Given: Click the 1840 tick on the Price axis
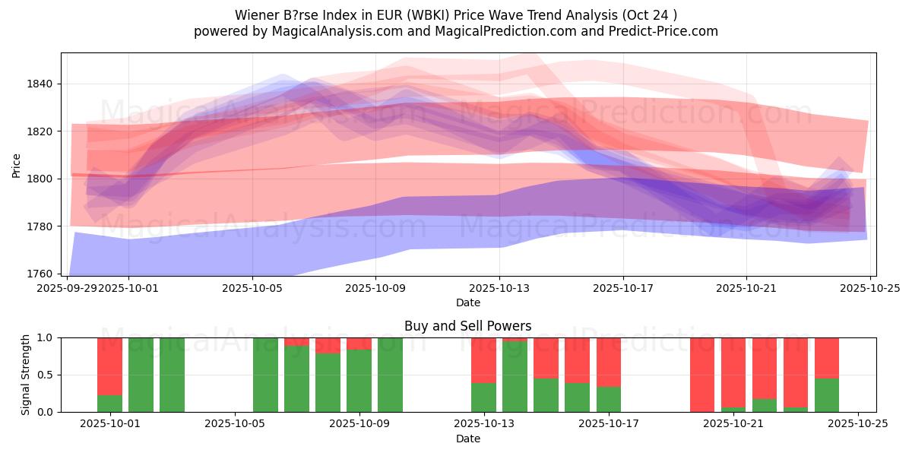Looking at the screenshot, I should coord(43,84).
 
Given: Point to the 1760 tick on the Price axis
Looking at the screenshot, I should coord(43,274).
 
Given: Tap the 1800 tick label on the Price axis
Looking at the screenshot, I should coord(43,179).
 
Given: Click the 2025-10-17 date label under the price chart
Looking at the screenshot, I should coord(622,288).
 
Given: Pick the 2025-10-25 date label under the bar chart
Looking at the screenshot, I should coord(858,424).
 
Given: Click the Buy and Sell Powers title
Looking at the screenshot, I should coord(467,326).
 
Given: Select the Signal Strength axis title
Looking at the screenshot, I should coord(26,375).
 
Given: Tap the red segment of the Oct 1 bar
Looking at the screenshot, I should coord(109,366).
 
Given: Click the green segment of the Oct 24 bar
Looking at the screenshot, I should coord(827,395).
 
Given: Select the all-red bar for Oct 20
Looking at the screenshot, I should coord(702,375).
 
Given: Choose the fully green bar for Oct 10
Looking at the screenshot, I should coord(390,375).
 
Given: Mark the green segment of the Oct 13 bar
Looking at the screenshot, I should coord(483,397).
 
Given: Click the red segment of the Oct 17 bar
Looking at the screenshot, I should coord(609,362).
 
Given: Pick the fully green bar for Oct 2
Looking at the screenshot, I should coord(141,375).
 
